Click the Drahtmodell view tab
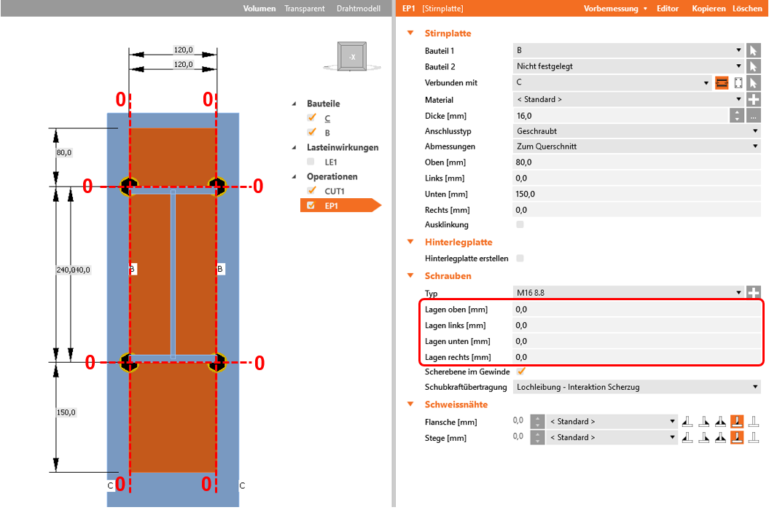click(x=359, y=8)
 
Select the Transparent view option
click(x=305, y=8)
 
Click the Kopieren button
click(x=709, y=8)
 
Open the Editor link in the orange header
click(x=668, y=8)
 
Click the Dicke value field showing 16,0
click(x=620, y=116)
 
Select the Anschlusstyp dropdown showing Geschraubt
click(x=636, y=131)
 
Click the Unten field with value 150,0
click(x=636, y=195)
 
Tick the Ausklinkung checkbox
click(x=520, y=224)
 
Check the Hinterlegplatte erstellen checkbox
click(x=520, y=259)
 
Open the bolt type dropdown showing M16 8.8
click(x=628, y=293)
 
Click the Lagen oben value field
click(x=636, y=310)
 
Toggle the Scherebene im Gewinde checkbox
click(x=521, y=372)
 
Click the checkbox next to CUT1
click(x=311, y=191)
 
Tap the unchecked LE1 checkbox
click(x=311, y=162)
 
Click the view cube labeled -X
click(x=352, y=57)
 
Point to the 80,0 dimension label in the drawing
click(x=63, y=152)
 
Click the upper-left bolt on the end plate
click(x=130, y=187)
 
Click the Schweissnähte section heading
click(x=456, y=404)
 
